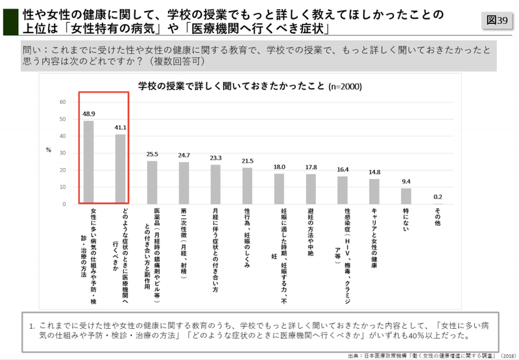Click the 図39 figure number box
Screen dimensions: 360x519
coord(497,20)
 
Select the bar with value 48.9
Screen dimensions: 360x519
coord(89,162)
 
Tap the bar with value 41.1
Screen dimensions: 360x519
coord(120,169)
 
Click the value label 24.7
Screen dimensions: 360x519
coord(184,155)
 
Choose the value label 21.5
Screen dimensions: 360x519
coord(247,161)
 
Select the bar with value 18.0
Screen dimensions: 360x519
coord(279,189)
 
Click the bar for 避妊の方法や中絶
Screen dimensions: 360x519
coord(311,189)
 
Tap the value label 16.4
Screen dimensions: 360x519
coord(343,169)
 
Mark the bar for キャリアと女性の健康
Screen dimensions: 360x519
coord(374,191)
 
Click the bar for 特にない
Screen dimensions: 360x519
coord(406,196)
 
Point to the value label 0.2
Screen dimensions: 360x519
coord(438,197)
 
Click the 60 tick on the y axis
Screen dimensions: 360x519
coord(63,102)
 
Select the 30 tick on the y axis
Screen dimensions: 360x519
coord(63,153)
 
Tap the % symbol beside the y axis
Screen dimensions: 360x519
coord(48,149)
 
